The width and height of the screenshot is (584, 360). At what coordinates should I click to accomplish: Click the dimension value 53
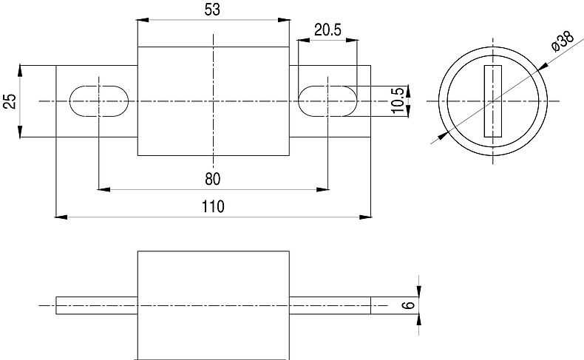tap(212, 10)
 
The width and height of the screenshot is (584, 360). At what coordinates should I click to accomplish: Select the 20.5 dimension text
tap(327, 30)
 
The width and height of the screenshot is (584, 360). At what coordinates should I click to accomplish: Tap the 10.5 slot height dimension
tap(398, 100)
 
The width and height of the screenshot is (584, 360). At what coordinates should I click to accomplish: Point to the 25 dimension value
tap(10, 101)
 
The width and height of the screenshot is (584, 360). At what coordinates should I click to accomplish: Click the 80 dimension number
tap(213, 179)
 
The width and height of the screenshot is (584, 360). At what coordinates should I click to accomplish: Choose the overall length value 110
tap(213, 206)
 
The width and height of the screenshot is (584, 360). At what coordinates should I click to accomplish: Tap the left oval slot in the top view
tap(98, 100)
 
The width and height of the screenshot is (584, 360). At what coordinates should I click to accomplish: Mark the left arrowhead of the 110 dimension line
tap(61, 217)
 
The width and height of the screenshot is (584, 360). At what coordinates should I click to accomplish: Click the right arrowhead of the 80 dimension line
tap(323, 190)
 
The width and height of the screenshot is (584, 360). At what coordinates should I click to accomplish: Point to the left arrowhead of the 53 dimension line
tap(143, 21)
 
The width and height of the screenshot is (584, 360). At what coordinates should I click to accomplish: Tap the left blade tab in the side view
tap(97, 305)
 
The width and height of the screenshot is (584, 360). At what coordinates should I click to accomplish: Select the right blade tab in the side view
tap(330, 305)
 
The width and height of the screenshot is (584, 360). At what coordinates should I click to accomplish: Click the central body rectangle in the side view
tap(213, 304)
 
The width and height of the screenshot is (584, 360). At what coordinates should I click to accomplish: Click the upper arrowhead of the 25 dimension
tap(21, 70)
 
